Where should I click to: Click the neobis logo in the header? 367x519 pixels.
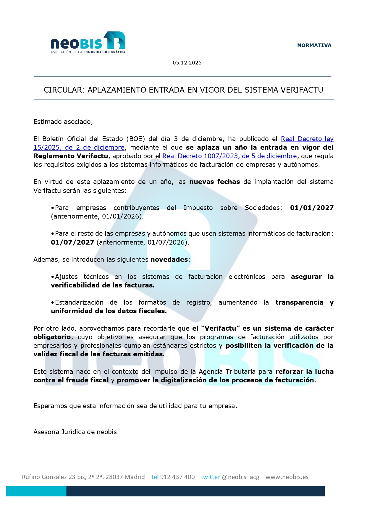click(x=88, y=43)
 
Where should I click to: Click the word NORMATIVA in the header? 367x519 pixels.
click(x=314, y=45)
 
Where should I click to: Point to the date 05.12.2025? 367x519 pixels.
click(x=187, y=63)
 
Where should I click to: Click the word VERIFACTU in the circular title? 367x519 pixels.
click(x=302, y=90)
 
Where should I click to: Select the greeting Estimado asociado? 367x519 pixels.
click(x=63, y=122)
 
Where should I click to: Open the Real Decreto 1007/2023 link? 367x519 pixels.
click(x=229, y=156)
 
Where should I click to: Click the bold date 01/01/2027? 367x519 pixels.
click(x=312, y=208)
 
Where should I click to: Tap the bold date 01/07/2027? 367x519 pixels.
click(x=72, y=242)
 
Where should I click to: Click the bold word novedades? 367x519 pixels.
click(x=169, y=259)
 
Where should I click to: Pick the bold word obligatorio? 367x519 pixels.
click(x=52, y=337)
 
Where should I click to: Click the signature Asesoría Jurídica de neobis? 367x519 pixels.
click(x=75, y=432)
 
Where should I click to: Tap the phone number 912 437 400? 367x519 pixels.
click(x=177, y=477)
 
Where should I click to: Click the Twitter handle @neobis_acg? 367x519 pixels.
click(x=240, y=477)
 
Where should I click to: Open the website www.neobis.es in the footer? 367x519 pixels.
click(x=287, y=477)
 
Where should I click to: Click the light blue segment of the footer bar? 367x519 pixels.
click(x=36, y=491)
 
